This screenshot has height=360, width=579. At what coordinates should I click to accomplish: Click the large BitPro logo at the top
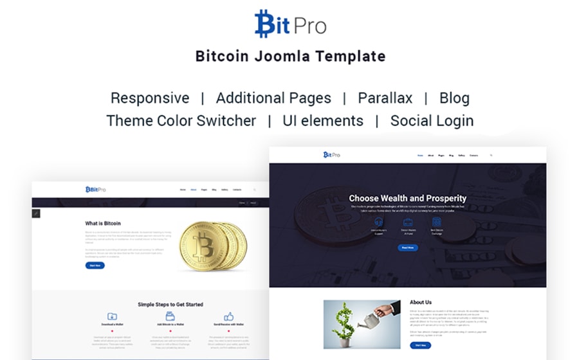[x=290, y=24]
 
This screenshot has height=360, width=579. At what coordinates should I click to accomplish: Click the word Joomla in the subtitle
[x=290, y=56]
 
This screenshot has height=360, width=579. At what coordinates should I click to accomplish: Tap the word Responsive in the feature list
[x=150, y=98]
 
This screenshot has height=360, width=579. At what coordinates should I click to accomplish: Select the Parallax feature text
[x=385, y=98]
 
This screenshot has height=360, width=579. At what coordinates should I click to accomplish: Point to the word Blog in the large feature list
[x=454, y=98]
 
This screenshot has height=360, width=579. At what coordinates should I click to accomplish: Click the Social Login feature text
[x=432, y=121]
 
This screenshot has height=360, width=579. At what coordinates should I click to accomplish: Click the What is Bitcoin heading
[x=103, y=224]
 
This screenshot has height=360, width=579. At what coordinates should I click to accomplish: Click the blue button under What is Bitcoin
[x=95, y=265]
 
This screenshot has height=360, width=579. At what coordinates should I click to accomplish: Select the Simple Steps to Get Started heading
[x=170, y=304]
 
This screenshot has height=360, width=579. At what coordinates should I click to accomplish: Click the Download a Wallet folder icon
[x=113, y=317]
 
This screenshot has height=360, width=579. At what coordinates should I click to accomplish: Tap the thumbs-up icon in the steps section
[x=228, y=317]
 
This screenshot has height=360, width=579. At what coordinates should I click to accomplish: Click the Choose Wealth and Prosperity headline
[x=407, y=199]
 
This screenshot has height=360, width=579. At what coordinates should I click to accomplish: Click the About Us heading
[x=421, y=302]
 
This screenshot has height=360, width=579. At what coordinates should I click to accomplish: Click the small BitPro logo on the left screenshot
[x=96, y=189]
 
